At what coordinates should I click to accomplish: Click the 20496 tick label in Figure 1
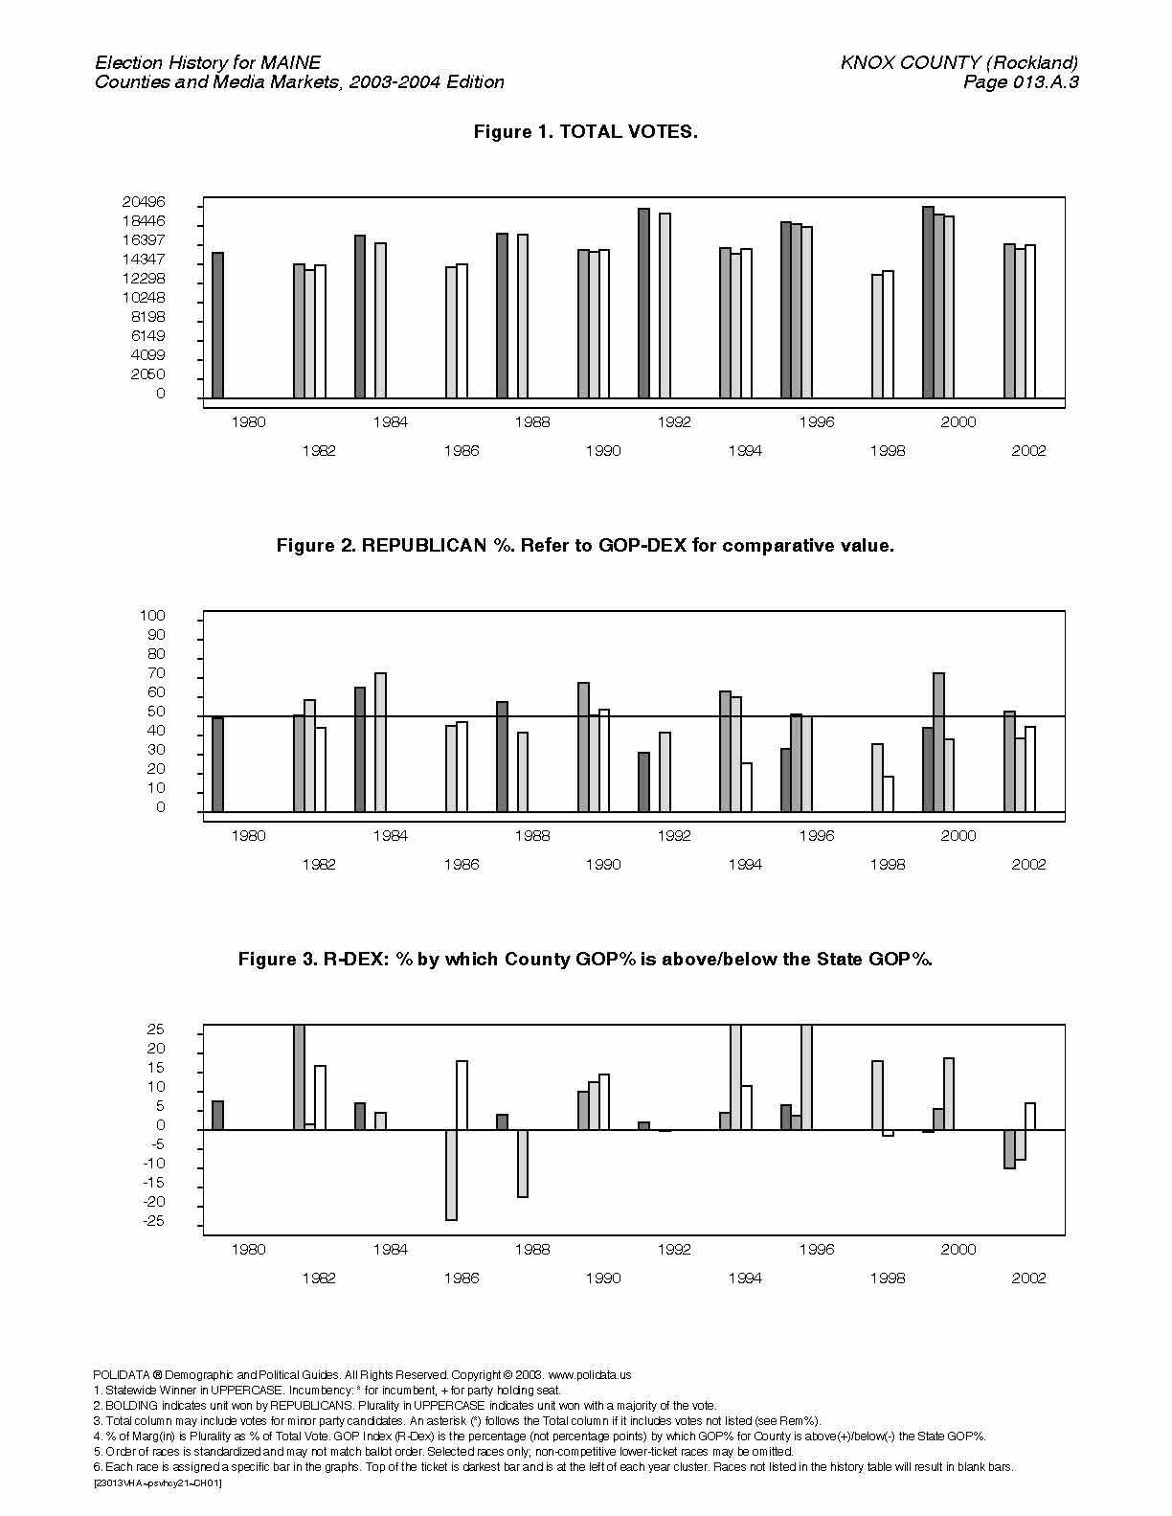click(x=144, y=202)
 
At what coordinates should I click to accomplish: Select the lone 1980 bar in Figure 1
click(x=217, y=325)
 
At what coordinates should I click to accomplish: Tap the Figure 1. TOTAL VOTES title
click(x=586, y=131)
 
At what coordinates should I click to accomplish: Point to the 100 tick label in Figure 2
click(x=152, y=616)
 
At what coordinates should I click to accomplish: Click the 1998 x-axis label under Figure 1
click(x=887, y=451)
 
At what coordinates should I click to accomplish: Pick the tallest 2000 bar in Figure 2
click(x=938, y=742)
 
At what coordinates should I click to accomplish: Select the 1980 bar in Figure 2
click(x=217, y=764)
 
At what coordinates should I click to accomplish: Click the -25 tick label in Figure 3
click(x=154, y=1221)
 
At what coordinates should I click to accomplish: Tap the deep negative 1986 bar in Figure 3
click(x=451, y=1175)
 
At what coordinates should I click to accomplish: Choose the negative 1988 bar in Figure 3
click(x=522, y=1163)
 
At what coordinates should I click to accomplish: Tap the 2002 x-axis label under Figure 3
click(x=1028, y=1278)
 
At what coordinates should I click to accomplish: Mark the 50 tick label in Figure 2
click(x=156, y=712)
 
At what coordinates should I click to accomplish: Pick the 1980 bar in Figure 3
click(x=217, y=1115)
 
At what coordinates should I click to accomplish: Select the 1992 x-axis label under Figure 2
click(x=674, y=836)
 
